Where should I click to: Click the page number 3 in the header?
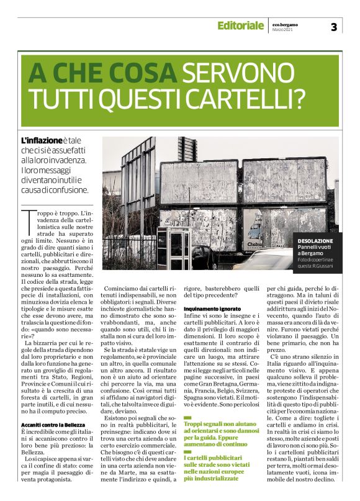click(x=334, y=26)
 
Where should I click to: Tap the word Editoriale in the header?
click(x=240, y=25)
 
